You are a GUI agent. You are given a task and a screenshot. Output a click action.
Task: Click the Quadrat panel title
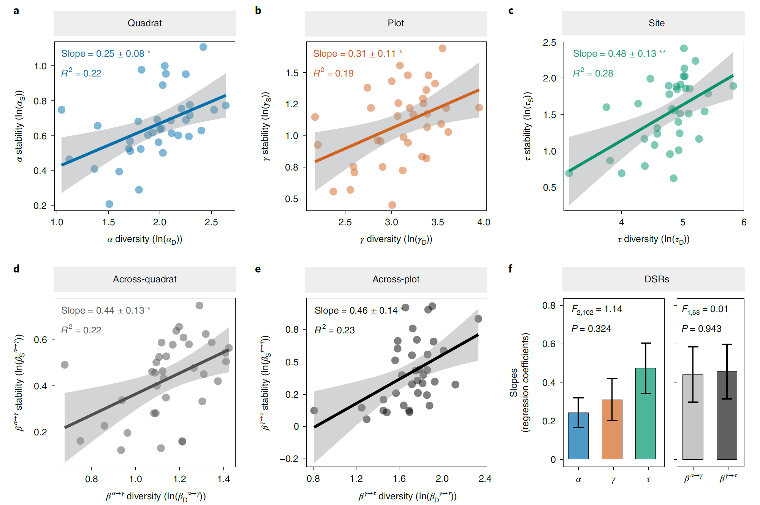[144, 23]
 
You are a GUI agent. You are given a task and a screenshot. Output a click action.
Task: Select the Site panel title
[656, 23]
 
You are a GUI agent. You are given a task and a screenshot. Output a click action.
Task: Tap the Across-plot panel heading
[396, 279]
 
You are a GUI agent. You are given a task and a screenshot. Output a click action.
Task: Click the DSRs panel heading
[656, 279]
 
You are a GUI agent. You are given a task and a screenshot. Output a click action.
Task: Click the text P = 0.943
[701, 329]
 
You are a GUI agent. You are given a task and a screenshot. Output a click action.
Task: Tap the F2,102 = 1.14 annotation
[597, 309]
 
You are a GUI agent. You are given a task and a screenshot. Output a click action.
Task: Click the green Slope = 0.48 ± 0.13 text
[619, 54]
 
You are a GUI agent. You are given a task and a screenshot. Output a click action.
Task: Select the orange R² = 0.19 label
[333, 73]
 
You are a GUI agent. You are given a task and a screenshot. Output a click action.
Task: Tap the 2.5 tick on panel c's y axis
[549, 43]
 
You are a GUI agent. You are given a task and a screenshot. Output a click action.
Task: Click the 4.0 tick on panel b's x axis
[484, 222]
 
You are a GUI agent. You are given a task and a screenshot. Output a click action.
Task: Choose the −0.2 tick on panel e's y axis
[289, 459]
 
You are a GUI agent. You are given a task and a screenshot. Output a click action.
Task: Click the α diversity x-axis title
[144, 240]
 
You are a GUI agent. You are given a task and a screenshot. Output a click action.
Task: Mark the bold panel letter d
[16, 269]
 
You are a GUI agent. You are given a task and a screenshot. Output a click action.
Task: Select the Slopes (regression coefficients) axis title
[519, 382]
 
